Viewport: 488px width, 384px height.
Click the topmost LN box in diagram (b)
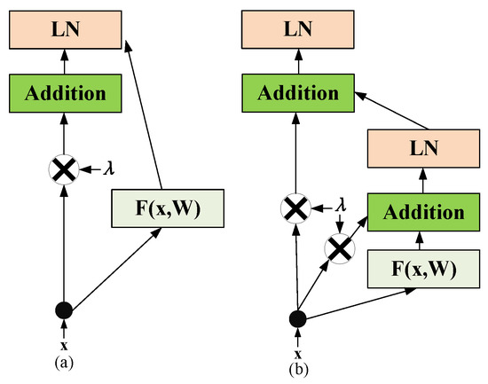point(297,29)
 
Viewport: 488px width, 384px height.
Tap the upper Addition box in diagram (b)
point(297,92)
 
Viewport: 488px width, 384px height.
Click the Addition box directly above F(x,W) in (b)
point(419,213)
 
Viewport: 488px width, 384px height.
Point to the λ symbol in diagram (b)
point(339,209)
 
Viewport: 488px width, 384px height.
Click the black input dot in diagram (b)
point(297,317)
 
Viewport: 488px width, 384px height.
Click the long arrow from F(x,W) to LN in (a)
point(144,115)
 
